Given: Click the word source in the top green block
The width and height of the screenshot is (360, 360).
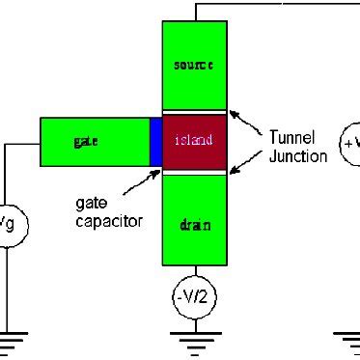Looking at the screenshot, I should click(194, 65).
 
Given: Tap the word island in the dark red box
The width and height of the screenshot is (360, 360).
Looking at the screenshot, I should click(194, 142).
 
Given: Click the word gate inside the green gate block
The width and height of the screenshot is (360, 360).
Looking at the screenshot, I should click(86, 141).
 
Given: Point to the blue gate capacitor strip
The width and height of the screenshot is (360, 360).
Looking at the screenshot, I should click(155, 141).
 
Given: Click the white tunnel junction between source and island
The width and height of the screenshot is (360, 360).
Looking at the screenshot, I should click(194, 112).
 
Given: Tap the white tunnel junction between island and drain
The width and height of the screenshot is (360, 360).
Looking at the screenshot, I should click(194, 172).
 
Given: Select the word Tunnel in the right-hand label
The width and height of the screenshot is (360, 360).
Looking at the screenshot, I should click(287, 139).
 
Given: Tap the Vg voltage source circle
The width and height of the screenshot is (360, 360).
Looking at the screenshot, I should click(6, 226).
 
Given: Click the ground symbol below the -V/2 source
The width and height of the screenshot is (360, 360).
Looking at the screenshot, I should click(194, 338).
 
